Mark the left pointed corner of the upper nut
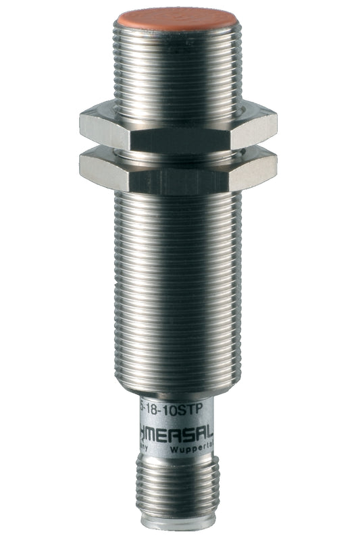tap(80, 124)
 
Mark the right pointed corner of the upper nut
tap(277, 124)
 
